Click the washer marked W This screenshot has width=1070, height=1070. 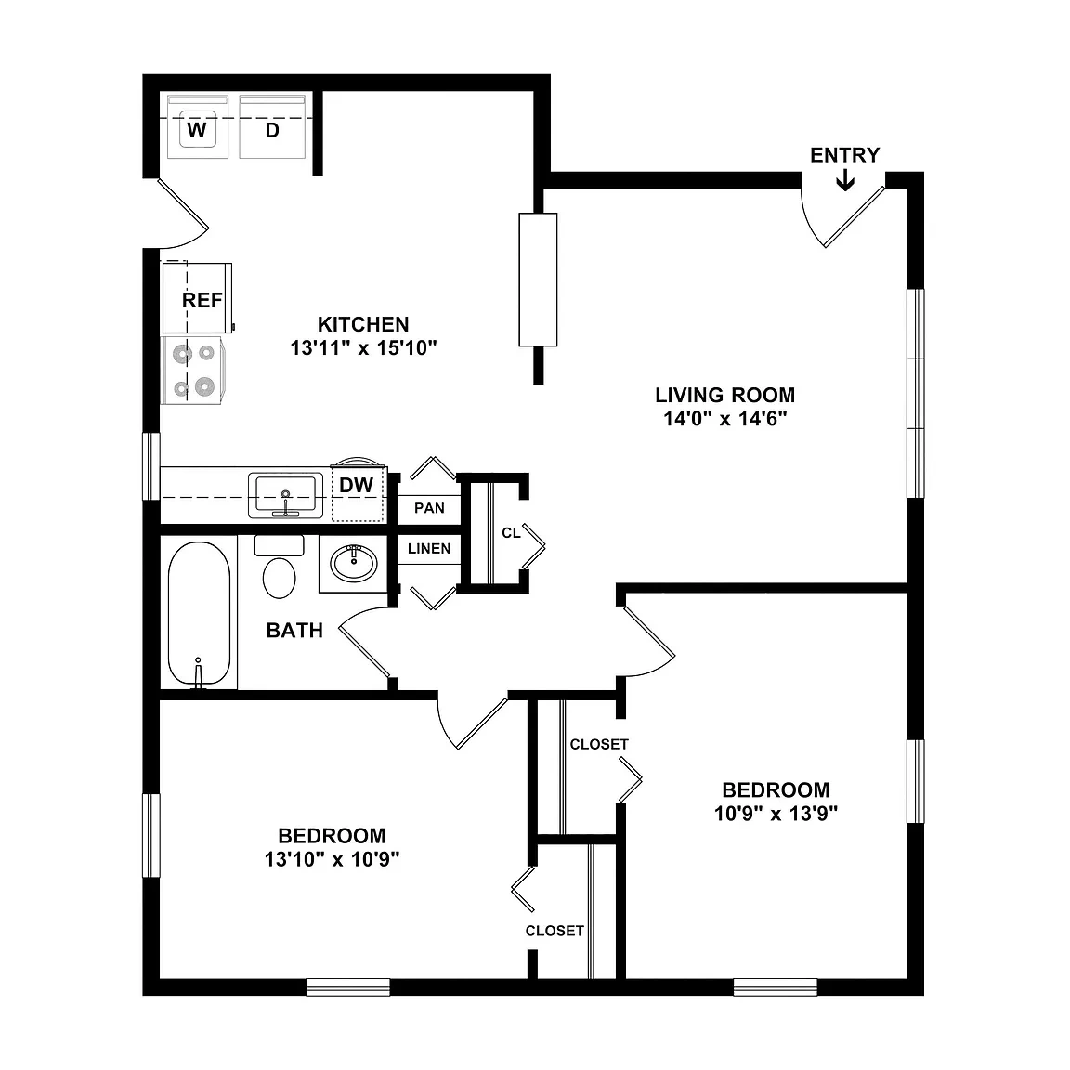(197, 127)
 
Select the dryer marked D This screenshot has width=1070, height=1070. (272, 127)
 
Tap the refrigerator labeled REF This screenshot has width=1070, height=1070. (197, 298)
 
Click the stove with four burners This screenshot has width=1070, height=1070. (194, 371)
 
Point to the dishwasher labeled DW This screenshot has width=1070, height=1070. (358, 493)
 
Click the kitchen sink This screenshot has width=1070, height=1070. (286, 495)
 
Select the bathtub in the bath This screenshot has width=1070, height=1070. (199, 614)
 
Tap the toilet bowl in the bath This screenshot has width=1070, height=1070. (279, 578)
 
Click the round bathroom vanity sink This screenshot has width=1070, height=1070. (354, 563)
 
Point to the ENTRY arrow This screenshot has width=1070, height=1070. (845, 180)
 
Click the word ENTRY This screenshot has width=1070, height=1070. (845, 155)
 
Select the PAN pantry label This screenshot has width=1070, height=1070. (429, 508)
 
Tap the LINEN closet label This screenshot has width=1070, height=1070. (429, 549)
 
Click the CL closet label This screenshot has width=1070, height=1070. (511, 533)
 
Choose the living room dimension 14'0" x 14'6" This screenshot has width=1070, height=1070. (725, 418)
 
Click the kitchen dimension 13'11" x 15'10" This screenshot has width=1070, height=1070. (364, 348)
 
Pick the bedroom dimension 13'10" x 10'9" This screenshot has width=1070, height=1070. (333, 859)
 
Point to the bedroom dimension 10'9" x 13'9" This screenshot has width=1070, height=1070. (776, 814)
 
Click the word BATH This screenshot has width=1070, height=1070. (294, 631)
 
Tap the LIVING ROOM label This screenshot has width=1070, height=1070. (725, 395)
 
